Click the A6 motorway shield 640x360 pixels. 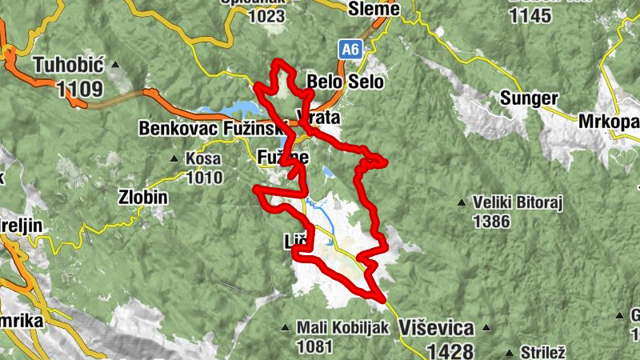pos(349,49)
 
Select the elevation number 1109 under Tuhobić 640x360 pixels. pos(80,88)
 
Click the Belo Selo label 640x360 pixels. pos(346,82)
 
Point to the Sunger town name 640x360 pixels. pos(528,98)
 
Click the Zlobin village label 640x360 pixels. pos(144,195)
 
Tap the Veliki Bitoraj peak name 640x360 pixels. pos(518,203)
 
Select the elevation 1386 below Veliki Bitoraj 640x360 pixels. pos(490,221)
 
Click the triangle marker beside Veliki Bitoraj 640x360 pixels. pos(461,203)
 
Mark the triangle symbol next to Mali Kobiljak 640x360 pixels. pos(286,327)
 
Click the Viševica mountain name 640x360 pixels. pos(436,328)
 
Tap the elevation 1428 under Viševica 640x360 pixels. pos(450,350)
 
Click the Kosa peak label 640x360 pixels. pos(203,158)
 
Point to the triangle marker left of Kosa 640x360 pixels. pos(174,158)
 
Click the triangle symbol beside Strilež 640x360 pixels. pos(510,351)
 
